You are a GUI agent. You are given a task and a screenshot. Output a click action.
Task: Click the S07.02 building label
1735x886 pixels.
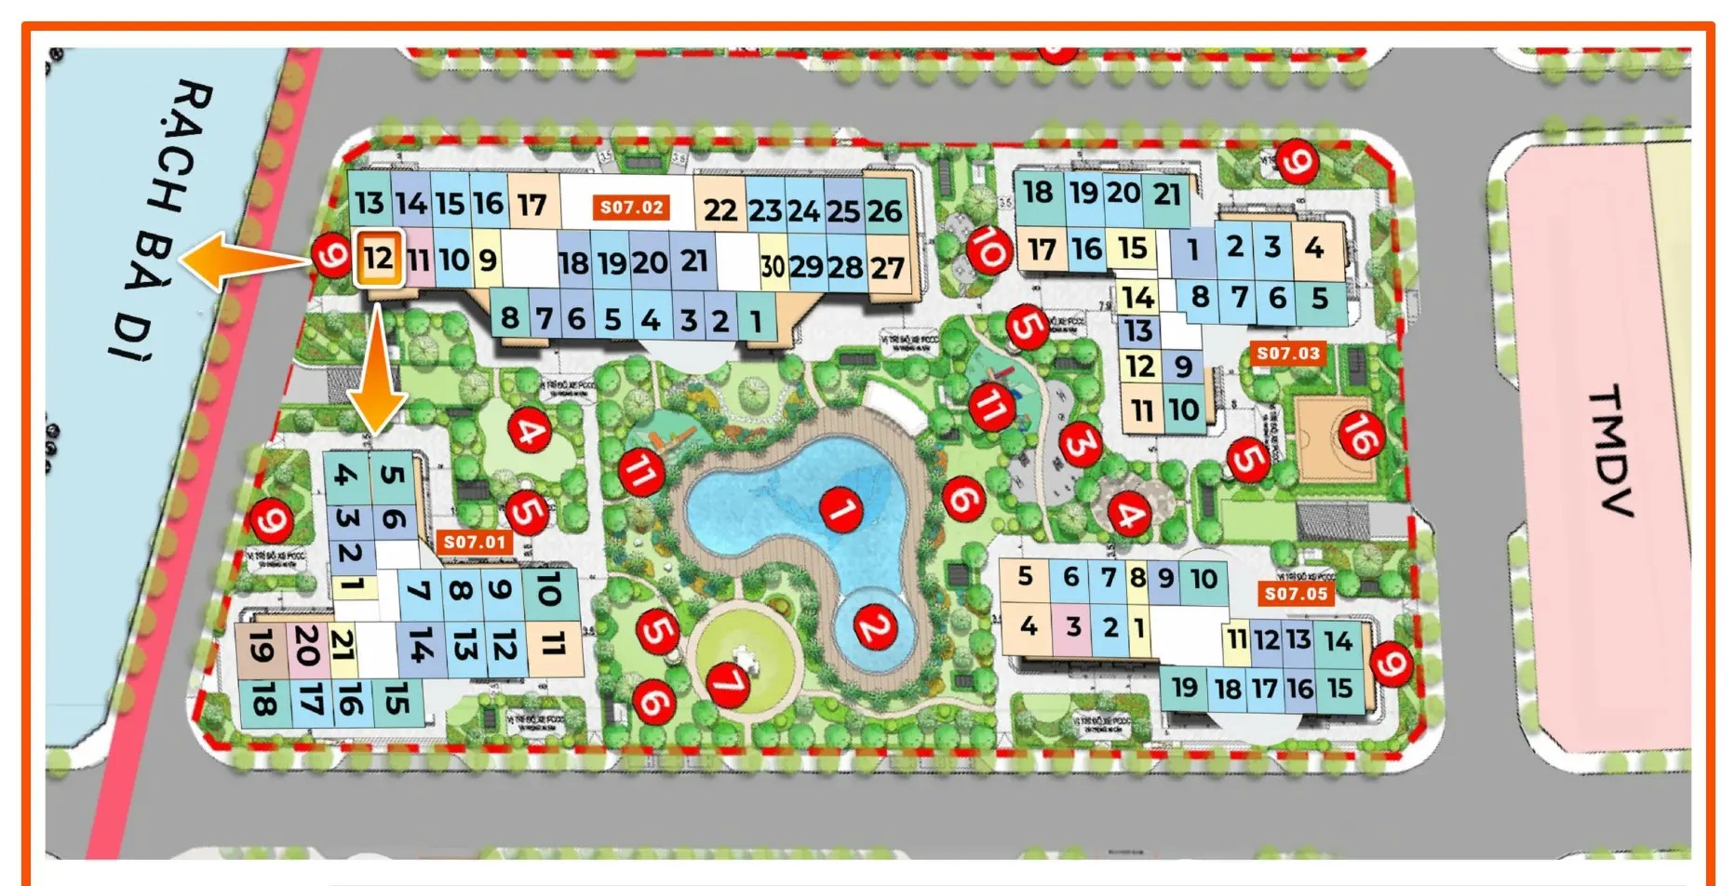(631, 208)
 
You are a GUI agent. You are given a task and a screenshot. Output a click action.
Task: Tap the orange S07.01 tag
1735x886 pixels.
(475, 542)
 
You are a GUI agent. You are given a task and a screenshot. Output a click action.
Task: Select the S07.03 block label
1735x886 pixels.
(1288, 353)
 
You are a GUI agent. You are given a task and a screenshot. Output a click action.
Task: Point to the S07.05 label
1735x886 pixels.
(1296, 594)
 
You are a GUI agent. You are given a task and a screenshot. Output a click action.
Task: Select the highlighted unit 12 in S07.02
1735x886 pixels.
(378, 258)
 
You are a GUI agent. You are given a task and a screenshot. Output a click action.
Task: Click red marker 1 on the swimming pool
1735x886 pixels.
(841, 508)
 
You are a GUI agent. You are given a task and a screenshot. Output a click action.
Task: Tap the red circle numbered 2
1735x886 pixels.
(874, 627)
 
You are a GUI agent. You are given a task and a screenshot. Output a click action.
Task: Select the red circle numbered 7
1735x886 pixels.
(729, 684)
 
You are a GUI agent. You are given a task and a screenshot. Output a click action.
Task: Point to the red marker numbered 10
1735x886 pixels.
(989, 249)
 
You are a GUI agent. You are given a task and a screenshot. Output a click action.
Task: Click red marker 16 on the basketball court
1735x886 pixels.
(1360, 434)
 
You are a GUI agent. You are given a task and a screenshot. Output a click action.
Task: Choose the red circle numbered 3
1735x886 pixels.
(1080, 444)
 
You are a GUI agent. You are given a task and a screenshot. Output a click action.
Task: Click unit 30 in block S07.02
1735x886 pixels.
(773, 267)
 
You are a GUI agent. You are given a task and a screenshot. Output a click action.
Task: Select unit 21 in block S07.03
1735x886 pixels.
(1167, 195)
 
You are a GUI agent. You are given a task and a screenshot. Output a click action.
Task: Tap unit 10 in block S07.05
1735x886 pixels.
(1204, 579)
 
